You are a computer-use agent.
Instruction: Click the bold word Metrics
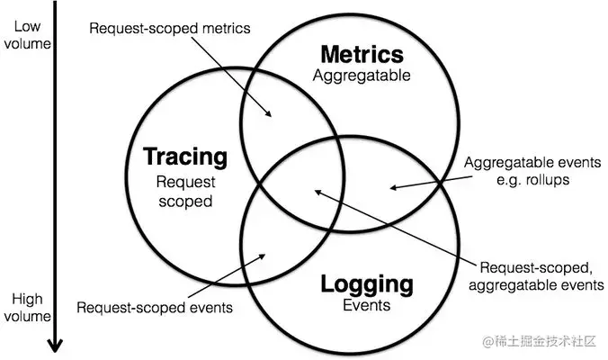(362, 55)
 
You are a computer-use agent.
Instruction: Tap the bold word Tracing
(185, 157)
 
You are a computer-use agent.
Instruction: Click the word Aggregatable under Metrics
(362, 76)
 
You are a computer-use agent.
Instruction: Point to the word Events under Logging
(366, 305)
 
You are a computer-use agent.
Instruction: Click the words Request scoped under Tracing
(185, 191)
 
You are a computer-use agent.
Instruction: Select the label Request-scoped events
(155, 307)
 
